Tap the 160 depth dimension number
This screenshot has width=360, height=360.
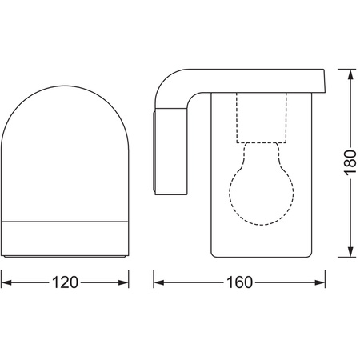(x=239, y=283)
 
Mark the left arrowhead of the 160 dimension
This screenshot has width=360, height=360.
(x=158, y=283)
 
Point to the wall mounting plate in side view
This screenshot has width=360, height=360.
(x=156, y=152)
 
